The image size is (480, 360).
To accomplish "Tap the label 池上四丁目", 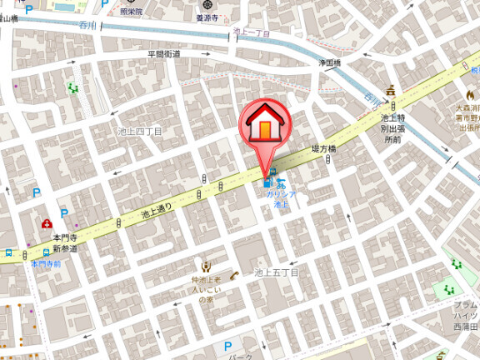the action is click(141, 132).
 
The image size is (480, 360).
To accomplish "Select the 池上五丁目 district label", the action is click(276, 272).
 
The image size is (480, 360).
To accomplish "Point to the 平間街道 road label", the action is click(165, 53).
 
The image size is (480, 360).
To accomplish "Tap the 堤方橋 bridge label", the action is click(323, 148).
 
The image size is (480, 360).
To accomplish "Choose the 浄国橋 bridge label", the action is click(331, 62).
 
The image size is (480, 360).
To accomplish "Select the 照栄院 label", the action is click(132, 12).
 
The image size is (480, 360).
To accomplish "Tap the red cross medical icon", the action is click(47, 223).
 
